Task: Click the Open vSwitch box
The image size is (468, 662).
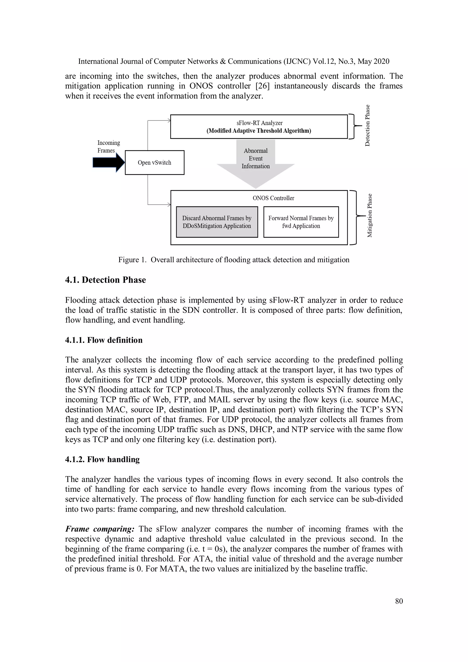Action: click(154, 163)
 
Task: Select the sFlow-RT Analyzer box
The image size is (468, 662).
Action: click(259, 127)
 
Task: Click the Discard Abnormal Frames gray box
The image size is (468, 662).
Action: click(217, 222)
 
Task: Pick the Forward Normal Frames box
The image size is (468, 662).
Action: click(301, 222)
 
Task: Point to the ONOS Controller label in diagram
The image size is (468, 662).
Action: click(273, 198)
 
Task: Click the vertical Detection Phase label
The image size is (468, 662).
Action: click(367, 126)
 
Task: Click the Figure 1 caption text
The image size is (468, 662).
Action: click(234, 260)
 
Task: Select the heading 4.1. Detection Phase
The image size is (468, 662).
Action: click(106, 280)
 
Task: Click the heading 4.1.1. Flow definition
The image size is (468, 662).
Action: click(104, 340)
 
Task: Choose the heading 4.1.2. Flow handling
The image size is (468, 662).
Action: click(102, 459)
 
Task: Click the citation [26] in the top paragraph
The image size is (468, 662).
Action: click(262, 86)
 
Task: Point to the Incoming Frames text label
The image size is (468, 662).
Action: click(108, 146)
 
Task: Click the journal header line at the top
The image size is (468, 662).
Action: click(234, 61)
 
